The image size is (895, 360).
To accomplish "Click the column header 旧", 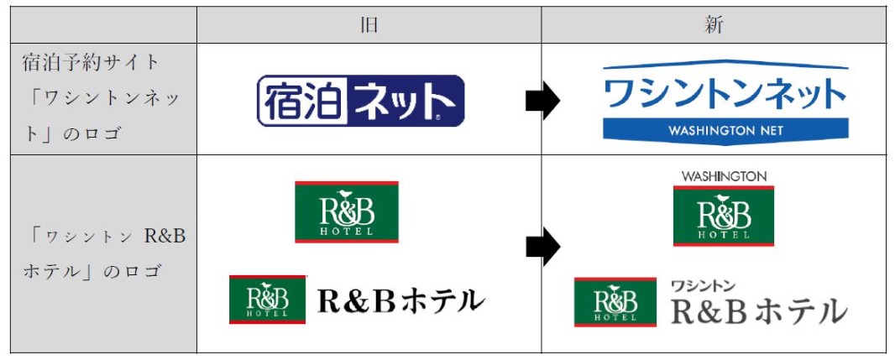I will (369, 24).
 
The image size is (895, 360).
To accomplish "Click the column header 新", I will (714, 24).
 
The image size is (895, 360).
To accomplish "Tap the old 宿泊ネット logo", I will (360, 101).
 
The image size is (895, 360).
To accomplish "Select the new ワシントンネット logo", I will (725, 102).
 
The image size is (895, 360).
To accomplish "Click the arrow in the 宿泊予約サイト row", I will (542, 101).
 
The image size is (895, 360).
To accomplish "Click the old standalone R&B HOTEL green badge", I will (346, 211).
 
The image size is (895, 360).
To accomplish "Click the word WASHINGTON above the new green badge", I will (724, 176).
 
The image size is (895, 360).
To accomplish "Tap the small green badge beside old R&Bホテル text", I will (268, 300).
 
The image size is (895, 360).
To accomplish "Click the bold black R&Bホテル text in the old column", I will (401, 300).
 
